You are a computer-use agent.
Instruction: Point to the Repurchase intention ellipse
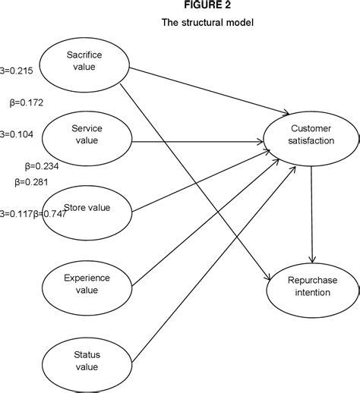(312, 286)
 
